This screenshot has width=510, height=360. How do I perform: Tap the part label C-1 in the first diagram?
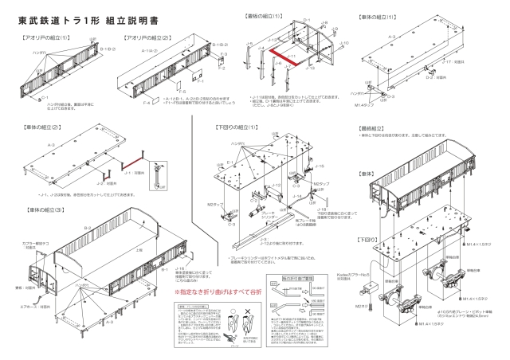click(31, 96)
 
